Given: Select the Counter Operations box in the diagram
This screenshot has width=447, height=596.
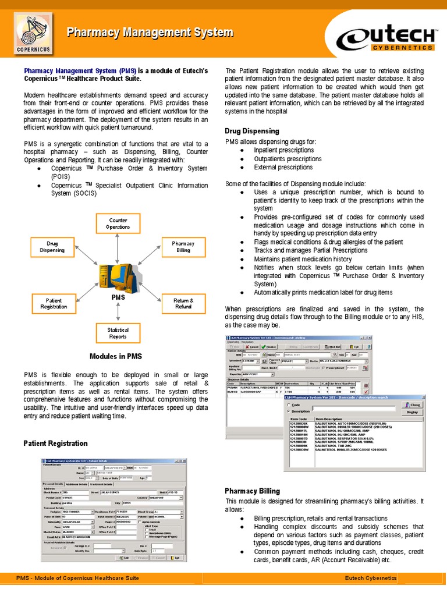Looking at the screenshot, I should pos(118,223).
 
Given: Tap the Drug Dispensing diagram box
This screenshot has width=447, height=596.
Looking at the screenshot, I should pos(52,246).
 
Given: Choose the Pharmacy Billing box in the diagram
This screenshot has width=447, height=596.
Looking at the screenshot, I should pos(183,246).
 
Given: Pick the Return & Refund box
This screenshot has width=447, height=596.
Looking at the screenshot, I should pos(183,303).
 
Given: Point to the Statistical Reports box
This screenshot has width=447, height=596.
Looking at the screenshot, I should pos(118,333).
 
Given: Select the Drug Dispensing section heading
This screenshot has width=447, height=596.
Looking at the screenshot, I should pos(252,131).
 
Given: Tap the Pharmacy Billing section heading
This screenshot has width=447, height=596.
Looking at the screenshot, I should pos(253,491).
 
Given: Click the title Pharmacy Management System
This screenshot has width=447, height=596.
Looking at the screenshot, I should pos(150,33).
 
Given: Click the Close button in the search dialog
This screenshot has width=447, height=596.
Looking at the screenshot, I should pos(412,405).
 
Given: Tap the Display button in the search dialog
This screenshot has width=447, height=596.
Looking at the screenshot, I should pos(412,411).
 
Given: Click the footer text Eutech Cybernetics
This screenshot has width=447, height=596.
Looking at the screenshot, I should pos(370,578).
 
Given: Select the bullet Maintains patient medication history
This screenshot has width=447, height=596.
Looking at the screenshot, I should pos(303,259).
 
